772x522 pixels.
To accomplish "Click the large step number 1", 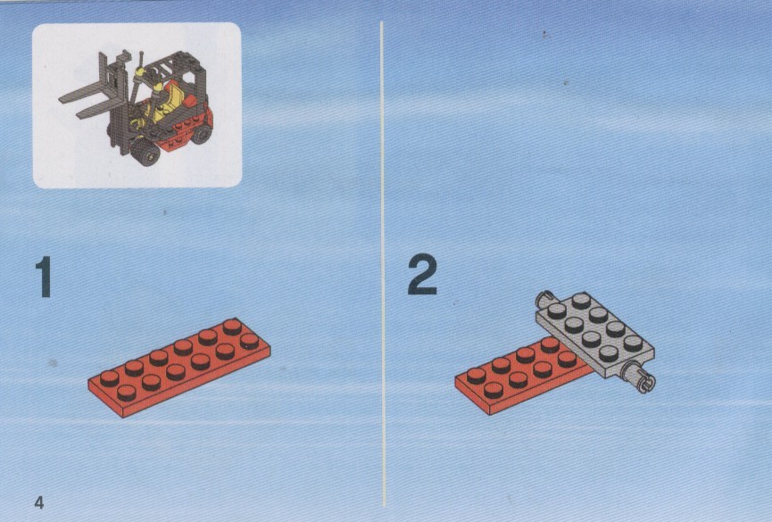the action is (45, 277).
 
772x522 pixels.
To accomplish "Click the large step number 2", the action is (422, 274).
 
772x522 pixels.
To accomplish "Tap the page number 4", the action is (39, 502).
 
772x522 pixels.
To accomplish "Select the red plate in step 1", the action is (179, 367).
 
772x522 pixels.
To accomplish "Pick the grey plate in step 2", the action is (595, 336).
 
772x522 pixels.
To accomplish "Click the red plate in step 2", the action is (525, 376).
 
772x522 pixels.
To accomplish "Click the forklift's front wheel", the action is (145, 152).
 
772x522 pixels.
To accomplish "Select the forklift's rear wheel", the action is (202, 132).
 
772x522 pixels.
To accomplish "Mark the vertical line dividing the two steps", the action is (383, 264).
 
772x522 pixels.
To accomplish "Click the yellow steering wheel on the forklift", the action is (140, 72).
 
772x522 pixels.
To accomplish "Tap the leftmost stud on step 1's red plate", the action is (109, 378).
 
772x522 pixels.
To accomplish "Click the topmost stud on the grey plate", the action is (582, 299).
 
